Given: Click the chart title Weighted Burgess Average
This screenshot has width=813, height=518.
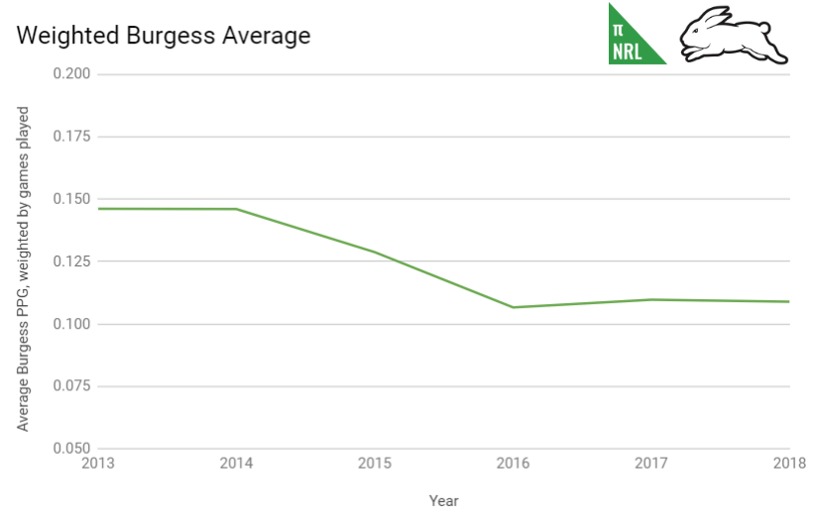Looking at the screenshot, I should (164, 37).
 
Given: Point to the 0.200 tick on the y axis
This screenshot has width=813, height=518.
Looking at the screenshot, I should (71, 74).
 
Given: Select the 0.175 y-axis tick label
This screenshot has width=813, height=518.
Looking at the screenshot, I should (71, 137).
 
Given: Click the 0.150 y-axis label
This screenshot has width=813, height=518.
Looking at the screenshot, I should (71, 199).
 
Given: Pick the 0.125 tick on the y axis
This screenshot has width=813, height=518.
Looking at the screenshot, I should (71, 261).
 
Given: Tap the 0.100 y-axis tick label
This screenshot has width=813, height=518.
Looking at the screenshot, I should (71, 324).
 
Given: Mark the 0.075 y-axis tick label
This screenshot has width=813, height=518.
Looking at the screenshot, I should (71, 386).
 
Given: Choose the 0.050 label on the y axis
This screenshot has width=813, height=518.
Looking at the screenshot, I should (71, 449).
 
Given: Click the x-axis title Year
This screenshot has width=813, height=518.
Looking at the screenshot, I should (443, 501).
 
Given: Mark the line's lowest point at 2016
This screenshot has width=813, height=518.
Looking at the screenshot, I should (513, 307).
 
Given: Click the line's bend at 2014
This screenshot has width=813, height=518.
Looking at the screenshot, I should (236, 209).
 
